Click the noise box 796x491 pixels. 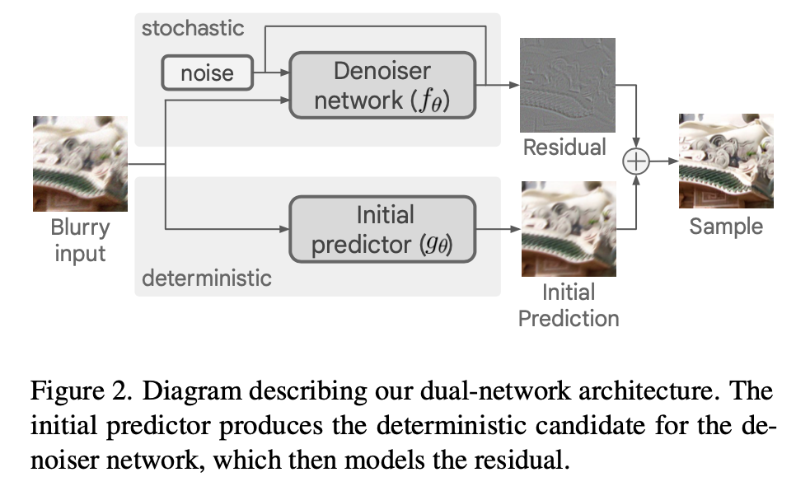207,73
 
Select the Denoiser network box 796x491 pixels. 382,86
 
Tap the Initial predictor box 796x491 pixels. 382,230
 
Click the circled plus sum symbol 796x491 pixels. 636,162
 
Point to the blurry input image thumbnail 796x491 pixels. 80,163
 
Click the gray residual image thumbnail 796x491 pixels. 567,86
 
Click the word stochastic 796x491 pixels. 193,28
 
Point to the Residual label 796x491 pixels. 564,147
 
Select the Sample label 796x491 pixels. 726,226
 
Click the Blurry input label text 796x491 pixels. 80,240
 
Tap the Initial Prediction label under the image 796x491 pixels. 568,305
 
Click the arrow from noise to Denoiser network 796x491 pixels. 272,73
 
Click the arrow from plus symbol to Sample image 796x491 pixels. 663,162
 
